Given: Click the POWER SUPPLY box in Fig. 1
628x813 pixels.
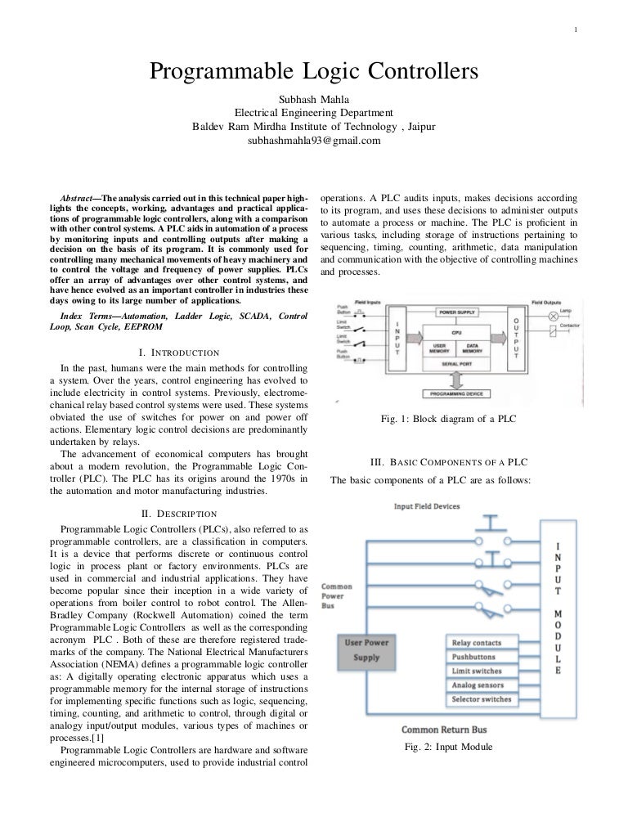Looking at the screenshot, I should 456,312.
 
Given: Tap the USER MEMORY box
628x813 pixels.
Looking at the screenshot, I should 439,348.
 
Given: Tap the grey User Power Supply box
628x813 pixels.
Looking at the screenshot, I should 366,650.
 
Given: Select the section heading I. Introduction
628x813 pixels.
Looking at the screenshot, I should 179,353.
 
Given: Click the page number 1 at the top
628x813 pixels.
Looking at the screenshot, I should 576,32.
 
